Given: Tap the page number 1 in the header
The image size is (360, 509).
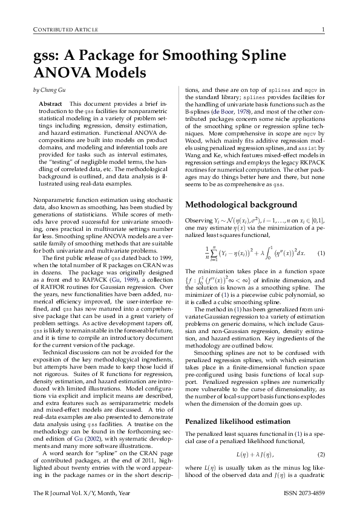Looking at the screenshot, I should point(324,30).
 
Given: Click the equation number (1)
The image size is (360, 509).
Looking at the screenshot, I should point(321,253).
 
